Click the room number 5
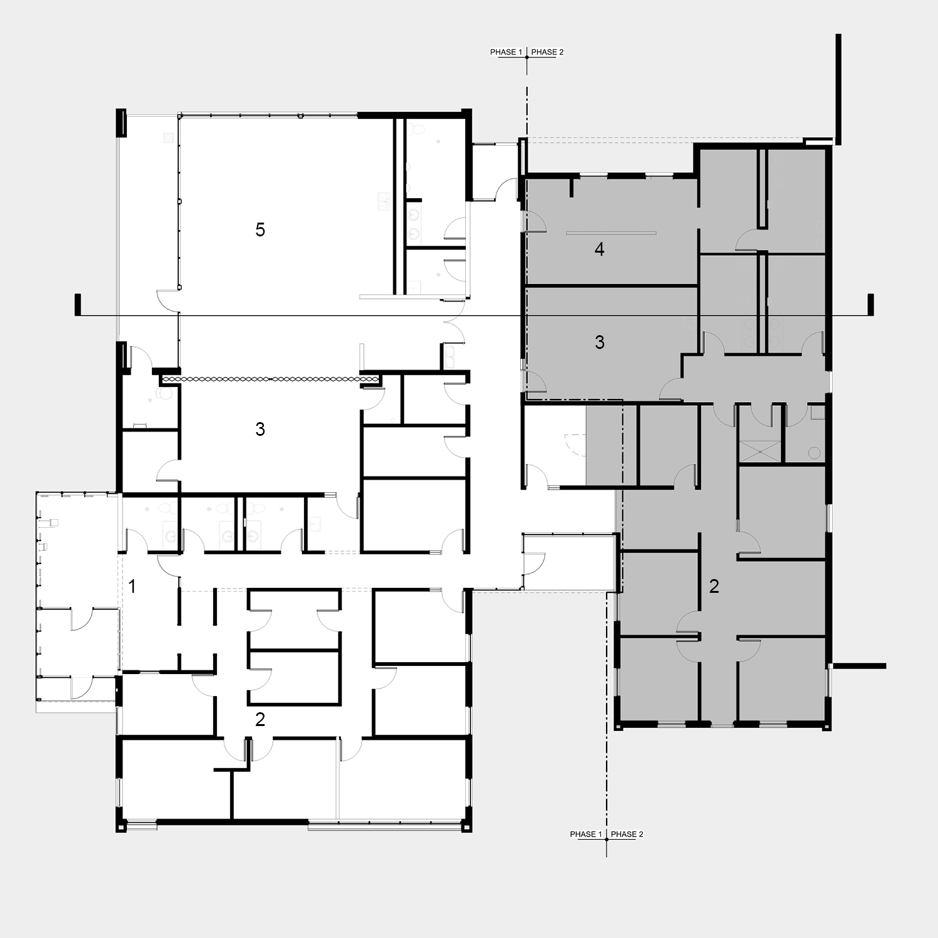click(x=260, y=229)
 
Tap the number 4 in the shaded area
click(x=599, y=250)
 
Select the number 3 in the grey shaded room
click(x=599, y=342)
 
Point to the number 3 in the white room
click(x=260, y=429)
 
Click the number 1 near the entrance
click(x=132, y=586)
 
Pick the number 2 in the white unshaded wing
click(x=260, y=719)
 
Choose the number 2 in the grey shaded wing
click(x=714, y=586)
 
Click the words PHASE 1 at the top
click(x=506, y=52)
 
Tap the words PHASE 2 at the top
click(x=547, y=52)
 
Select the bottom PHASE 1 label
click(x=586, y=834)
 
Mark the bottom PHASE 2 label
click(x=627, y=834)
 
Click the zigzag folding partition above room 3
click(x=270, y=379)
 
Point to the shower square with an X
click(x=760, y=451)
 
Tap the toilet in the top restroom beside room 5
click(x=420, y=129)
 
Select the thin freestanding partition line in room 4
click(x=611, y=233)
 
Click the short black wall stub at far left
click(x=78, y=305)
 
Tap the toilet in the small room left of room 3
click(x=164, y=394)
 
